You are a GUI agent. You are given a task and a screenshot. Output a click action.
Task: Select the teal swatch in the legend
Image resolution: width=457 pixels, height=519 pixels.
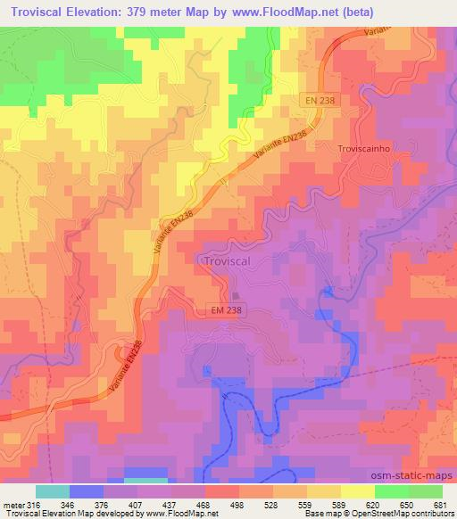[x=52, y=491]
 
